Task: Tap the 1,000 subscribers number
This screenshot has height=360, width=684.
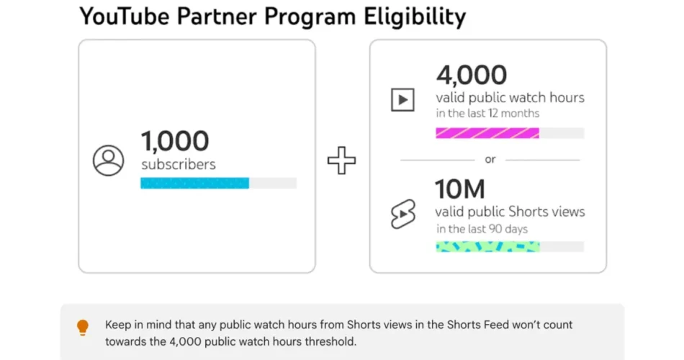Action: pyautogui.click(x=175, y=140)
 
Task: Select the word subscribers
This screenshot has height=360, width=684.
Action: pyautogui.click(x=178, y=164)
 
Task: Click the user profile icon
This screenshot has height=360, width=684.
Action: pyautogui.click(x=109, y=161)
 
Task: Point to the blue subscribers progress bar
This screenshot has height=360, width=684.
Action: pyautogui.click(x=194, y=183)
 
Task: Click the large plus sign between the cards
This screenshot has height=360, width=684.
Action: pyautogui.click(x=341, y=161)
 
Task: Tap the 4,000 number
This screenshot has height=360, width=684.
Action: pyautogui.click(x=471, y=74)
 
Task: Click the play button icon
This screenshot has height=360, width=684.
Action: pyautogui.click(x=402, y=99)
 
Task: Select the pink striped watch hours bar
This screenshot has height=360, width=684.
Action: pyautogui.click(x=487, y=132)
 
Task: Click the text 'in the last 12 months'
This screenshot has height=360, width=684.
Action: pyautogui.click(x=487, y=113)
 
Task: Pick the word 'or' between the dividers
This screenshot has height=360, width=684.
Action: pyautogui.click(x=490, y=160)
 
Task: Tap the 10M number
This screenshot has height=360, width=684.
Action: pyautogui.click(x=459, y=189)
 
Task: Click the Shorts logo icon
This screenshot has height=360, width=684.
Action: pyautogui.click(x=402, y=214)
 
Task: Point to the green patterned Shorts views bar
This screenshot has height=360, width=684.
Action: pyautogui.click(x=487, y=246)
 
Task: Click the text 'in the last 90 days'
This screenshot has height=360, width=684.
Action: pyautogui.click(x=482, y=229)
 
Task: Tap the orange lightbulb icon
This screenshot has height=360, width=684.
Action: pyautogui.click(x=83, y=328)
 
